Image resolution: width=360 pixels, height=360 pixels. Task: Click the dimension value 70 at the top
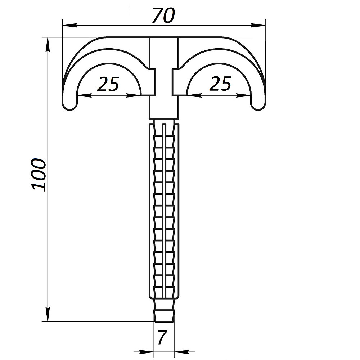point(164,15)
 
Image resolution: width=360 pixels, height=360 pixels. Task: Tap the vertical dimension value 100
point(39,175)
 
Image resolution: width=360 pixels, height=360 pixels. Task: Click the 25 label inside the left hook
point(108,84)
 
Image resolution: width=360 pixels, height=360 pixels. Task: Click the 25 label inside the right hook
point(220,84)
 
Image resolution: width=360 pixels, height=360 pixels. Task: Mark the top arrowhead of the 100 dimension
point(48,45)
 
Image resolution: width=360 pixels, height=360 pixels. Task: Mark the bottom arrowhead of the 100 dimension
point(48,314)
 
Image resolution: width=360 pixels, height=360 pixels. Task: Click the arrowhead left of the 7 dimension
point(147,351)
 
